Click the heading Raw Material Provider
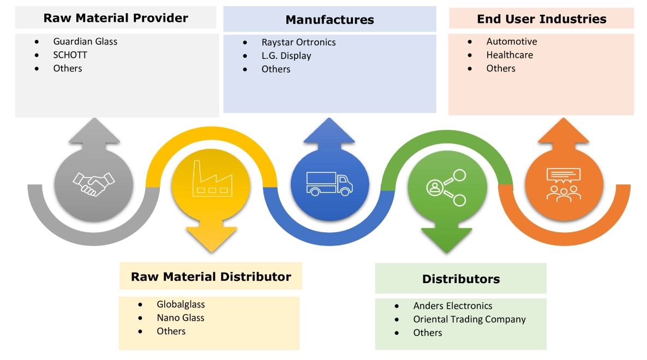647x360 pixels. click(116, 18)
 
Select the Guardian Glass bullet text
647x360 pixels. click(85, 41)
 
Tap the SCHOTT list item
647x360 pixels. click(70, 55)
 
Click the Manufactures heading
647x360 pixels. click(330, 20)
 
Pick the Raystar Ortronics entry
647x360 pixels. click(298, 43)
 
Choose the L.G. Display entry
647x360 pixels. click(286, 56)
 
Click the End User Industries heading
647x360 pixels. click(541, 19)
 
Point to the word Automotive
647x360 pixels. click(512, 41)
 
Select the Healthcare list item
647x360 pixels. click(510, 55)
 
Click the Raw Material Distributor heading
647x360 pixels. click(211, 277)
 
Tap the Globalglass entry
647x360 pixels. click(181, 304)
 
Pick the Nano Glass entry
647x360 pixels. click(181, 317)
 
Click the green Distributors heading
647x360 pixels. click(460, 279)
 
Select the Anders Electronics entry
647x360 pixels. click(453, 306)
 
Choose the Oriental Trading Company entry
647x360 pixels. click(469, 319)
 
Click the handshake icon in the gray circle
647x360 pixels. click(94, 183)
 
